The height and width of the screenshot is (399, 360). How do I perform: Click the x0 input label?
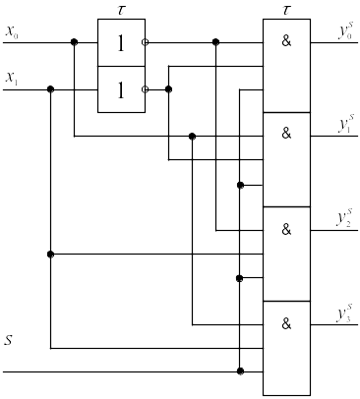[12, 32]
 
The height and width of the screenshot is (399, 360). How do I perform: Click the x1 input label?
[12, 79]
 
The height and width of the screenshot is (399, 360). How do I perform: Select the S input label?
[8, 340]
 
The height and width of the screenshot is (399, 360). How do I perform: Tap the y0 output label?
[346, 31]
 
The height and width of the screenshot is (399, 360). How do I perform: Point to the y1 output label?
[346, 123]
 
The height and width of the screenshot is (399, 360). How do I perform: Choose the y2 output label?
[345, 217]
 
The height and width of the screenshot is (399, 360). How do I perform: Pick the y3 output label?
[345, 313]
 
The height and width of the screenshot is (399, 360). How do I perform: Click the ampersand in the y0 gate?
[286, 41]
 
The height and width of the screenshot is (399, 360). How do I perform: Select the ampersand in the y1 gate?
[286, 134]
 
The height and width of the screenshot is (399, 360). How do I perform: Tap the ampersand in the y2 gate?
[286, 230]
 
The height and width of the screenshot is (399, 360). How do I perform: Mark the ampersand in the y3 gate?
[286, 323]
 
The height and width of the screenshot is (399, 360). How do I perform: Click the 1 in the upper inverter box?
[121, 43]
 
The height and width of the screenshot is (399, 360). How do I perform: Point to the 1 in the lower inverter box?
[121, 90]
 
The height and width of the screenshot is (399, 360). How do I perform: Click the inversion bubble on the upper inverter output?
[145, 42]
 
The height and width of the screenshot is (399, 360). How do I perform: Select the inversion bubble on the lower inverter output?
[145, 89]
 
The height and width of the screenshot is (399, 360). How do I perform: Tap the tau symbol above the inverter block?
[121, 10]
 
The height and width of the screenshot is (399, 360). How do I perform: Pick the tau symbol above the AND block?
[286, 10]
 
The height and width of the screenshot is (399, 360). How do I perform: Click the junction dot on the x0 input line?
[75, 42]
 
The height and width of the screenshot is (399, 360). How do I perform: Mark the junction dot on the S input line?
[240, 371]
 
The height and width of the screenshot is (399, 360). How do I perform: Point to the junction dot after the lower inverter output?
[168, 89]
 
